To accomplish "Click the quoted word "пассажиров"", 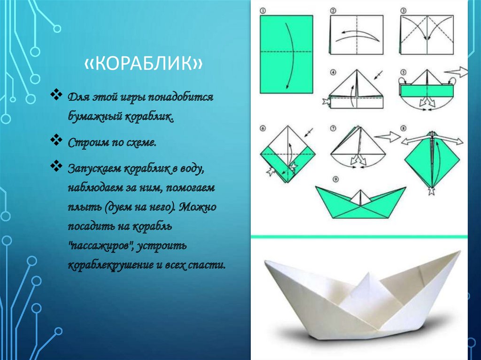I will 102,245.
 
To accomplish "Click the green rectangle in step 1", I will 286,54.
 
